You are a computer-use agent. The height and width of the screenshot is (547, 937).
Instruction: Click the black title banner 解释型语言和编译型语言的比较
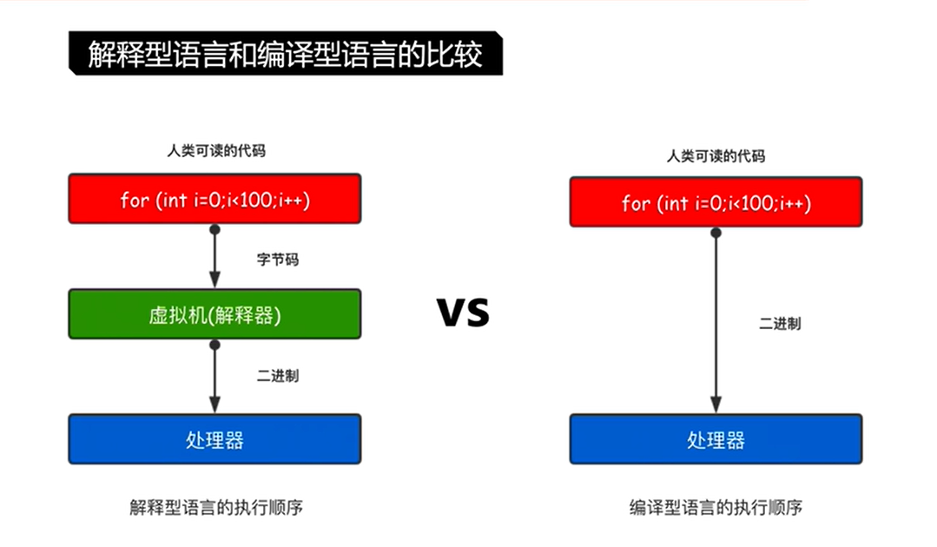click(x=285, y=54)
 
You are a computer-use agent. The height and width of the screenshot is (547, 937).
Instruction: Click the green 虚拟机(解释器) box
click(x=214, y=314)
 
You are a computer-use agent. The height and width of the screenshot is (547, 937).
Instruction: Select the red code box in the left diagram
click(x=214, y=200)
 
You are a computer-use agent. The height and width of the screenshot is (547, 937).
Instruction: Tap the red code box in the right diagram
click(x=716, y=202)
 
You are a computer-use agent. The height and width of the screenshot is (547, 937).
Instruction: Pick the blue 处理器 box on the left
click(x=214, y=438)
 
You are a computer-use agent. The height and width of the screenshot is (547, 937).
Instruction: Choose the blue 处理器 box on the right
click(x=716, y=439)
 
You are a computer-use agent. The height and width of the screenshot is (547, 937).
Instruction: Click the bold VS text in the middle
click(x=463, y=311)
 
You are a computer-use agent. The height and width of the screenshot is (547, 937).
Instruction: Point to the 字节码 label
click(x=278, y=259)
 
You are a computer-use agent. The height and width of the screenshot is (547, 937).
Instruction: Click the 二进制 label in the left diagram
click(x=278, y=376)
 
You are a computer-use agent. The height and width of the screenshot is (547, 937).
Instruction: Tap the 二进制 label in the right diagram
click(x=780, y=324)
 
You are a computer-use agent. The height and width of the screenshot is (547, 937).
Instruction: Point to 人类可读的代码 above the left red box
click(x=216, y=151)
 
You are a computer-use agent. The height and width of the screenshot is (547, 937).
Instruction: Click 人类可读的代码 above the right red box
click(x=716, y=156)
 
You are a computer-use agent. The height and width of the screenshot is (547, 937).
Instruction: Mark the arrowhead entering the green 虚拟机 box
click(x=214, y=282)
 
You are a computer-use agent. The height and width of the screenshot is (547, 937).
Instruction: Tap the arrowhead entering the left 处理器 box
click(x=214, y=405)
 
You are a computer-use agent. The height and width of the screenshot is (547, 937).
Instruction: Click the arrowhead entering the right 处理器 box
click(x=716, y=405)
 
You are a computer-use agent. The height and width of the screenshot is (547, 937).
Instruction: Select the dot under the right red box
click(x=716, y=233)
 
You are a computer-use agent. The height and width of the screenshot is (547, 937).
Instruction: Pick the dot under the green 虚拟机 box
click(x=214, y=345)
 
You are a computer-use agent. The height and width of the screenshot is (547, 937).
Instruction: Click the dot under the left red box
click(x=214, y=230)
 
